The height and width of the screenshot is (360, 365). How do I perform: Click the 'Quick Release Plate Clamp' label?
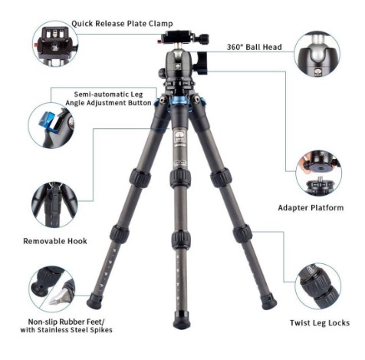(x=122, y=24)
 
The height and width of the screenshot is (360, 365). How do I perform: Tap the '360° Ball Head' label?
(x=255, y=47)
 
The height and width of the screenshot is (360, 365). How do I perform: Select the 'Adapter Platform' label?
(x=311, y=208)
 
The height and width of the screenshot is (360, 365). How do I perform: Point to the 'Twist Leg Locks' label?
(x=320, y=323)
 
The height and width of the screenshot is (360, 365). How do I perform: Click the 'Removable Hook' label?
(x=55, y=241)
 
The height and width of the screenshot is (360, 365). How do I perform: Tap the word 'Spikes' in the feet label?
(x=101, y=330)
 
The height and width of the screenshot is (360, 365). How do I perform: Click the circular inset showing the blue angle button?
(x=51, y=125)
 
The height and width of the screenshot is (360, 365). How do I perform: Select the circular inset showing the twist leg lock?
(x=318, y=286)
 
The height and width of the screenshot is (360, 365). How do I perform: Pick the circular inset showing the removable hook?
(x=54, y=205)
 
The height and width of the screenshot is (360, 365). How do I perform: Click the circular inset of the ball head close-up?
(x=317, y=54)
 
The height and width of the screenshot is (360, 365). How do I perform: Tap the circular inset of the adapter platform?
(x=319, y=173)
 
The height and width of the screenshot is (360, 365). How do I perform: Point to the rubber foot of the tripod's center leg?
(x=182, y=320)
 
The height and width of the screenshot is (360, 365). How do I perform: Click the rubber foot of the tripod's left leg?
(x=94, y=301)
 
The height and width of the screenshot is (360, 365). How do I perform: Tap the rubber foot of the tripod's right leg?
(x=268, y=301)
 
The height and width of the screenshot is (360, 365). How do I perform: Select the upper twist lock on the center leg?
(x=180, y=178)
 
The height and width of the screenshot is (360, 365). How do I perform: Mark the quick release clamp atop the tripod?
(x=182, y=38)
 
